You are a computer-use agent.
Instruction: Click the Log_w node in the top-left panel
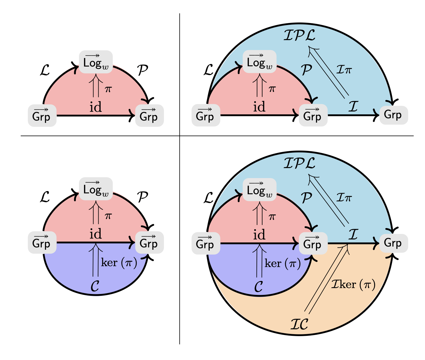pyautogui.click(x=96, y=62)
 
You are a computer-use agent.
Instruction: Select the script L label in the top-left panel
pyautogui.click(x=45, y=70)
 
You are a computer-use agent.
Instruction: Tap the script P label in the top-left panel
pyautogui.click(x=143, y=70)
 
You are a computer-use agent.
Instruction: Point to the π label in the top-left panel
pyautogui.click(x=108, y=89)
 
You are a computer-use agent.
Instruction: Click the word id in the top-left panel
pyautogui.click(x=95, y=107)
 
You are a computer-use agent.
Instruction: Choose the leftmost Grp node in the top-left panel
pyautogui.click(x=42, y=115)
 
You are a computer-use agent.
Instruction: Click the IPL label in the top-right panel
pyautogui.click(x=299, y=35)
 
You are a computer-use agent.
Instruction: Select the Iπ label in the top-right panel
pyautogui.click(x=344, y=69)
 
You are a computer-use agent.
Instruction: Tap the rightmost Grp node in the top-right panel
pyautogui.click(x=393, y=115)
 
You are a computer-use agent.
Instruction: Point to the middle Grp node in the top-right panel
pyautogui.click(x=312, y=115)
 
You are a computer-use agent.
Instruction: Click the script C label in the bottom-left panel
pyautogui.click(x=95, y=286)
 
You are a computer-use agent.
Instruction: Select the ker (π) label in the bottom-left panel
pyautogui.click(x=119, y=263)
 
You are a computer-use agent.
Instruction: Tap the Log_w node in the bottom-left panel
pyautogui.click(x=96, y=189)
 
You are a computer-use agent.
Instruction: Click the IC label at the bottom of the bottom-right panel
pyautogui.click(x=299, y=324)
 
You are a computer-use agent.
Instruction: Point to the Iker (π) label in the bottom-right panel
pyautogui.click(x=353, y=284)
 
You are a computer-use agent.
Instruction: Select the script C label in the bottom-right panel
pyautogui.click(x=259, y=287)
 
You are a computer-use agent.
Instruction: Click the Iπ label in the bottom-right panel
pyautogui.click(x=344, y=197)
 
